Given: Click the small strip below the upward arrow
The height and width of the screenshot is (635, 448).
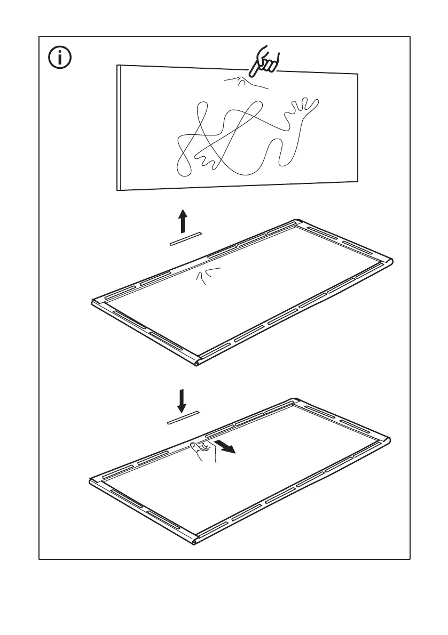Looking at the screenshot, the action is (185, 239).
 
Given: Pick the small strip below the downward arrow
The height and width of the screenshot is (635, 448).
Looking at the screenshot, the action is (184, 418).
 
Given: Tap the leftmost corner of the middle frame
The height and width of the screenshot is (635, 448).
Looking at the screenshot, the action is (94, 303).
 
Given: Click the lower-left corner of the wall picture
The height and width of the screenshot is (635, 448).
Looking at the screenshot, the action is (118, 189).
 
